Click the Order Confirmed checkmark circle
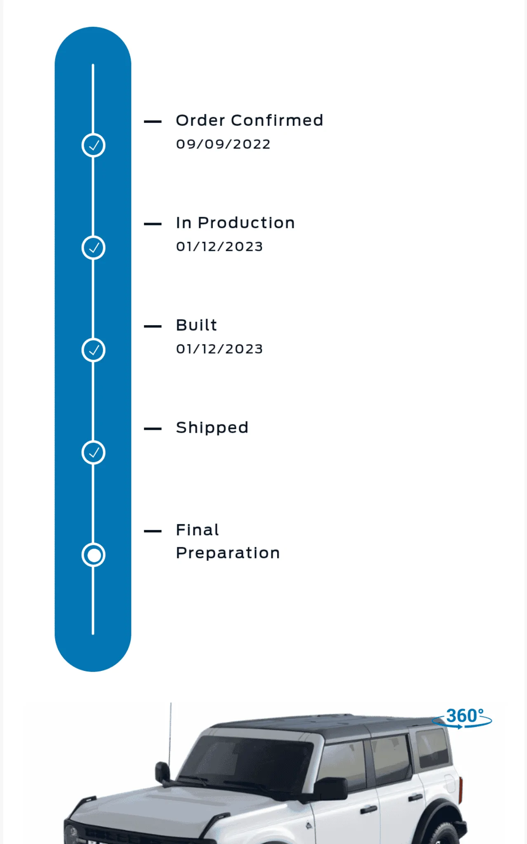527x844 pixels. coord(93,145)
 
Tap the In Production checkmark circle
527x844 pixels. coord(93,248)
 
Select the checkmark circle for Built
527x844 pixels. coord(93,350)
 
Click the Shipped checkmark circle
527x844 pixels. coord(93,452)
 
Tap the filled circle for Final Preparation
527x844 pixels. coord(93,555)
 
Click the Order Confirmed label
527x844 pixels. coord(249,120)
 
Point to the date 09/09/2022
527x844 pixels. coord(223,144)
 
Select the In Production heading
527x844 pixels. coord(235,223)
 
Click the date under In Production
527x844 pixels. coord(219,246)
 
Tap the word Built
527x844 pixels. coord(196,325)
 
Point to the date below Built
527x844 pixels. coord(219,349)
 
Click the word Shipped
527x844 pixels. coord(212,428)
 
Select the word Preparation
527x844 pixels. coord(228,553)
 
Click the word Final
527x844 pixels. coord(198,530)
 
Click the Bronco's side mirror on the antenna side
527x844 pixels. coord(162,773)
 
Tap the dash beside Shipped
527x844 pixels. coord(153,429)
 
